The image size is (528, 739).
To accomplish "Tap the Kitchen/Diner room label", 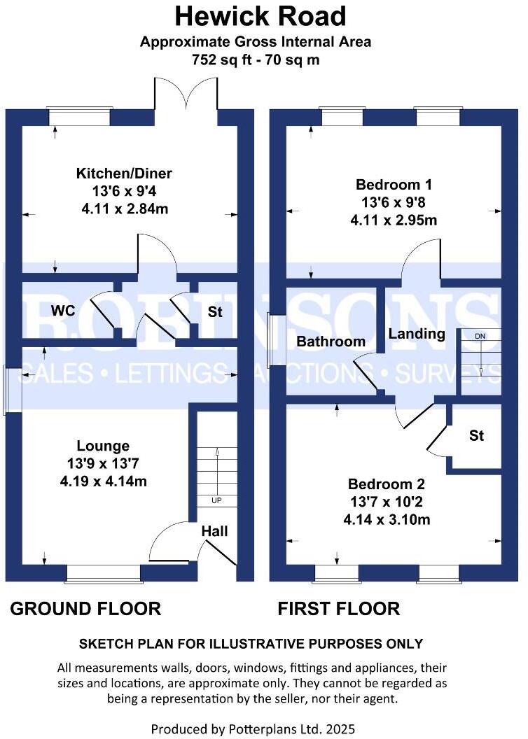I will tap(124, 173).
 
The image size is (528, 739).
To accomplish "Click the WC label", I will tap(62, 311).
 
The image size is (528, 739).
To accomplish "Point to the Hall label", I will tap(214, 531).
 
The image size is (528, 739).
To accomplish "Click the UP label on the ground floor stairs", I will tap(217, 501).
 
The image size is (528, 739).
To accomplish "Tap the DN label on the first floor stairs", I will tap(480, 336).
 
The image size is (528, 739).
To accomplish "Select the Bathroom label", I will tap(331, 342).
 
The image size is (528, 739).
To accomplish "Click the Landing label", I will tap(417, 334).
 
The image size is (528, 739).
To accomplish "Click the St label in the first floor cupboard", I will tap(476, 435).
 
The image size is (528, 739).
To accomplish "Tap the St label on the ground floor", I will tap(215, 312).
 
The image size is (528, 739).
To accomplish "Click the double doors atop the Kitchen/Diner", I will tap(186, 94).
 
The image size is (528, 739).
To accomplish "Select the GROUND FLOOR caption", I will tap(85, 609).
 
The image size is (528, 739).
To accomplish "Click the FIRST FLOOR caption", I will tap(339, 609).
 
